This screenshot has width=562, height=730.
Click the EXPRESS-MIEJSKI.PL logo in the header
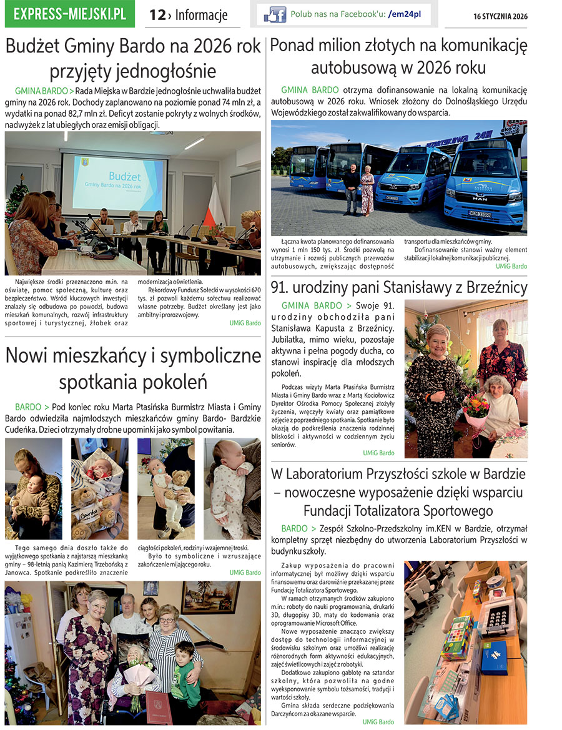click(69, 14)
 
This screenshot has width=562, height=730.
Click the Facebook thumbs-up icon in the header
click(275, 14)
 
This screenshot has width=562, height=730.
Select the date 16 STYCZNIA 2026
click(500, 17)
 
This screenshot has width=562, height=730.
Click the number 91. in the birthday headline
click(283, 288)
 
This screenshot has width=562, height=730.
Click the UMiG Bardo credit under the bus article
click(511, 266)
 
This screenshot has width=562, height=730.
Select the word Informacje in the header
click(201, 15)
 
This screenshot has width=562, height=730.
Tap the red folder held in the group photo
click(159, 708)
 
